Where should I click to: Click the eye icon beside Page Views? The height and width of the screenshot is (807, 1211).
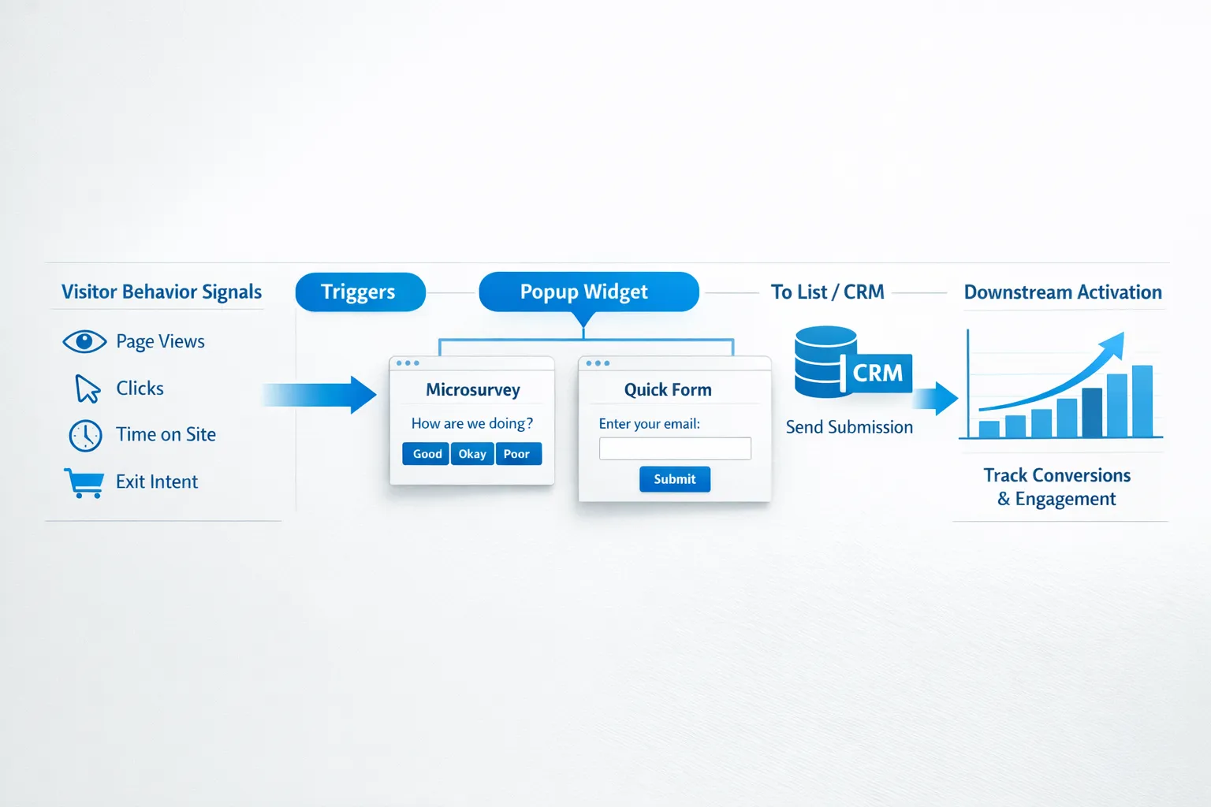[84, 341]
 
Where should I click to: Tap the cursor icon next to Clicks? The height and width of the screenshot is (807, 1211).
[87, 389]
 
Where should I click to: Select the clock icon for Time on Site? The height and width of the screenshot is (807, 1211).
[85, 435]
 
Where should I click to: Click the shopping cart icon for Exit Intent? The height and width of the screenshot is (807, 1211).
[84, 482]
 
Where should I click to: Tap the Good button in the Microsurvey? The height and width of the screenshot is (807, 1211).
[427, 454]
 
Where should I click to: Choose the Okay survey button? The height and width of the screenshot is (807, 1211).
[472, 454]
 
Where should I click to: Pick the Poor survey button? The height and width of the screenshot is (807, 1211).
[517, 454]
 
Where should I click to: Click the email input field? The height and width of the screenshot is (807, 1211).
[675, 448]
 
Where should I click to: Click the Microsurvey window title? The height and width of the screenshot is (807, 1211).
[473, 389]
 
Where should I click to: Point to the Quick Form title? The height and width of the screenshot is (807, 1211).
[668, 389]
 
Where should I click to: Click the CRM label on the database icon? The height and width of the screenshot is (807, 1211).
[878, 373]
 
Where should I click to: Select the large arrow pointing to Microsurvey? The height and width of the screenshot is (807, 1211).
[322, 394]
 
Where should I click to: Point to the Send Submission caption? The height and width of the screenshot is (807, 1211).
[849, 427]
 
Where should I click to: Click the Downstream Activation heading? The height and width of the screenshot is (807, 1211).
[1063, 292]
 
